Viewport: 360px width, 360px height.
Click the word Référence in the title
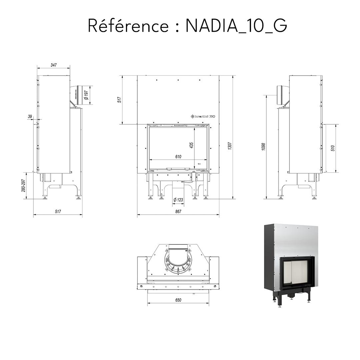click(128, 26)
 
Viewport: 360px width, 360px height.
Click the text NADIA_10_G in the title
click(236, 26)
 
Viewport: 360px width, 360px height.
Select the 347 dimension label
click(53, 65)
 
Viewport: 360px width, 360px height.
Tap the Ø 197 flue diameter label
click(86, 95)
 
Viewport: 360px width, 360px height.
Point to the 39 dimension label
click(30, 116)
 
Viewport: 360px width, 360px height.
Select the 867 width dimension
click(178, 212)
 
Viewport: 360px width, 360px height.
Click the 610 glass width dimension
click(178, 157)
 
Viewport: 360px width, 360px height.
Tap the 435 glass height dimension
click(191, 145)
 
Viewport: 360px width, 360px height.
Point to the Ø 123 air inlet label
click(178, 200)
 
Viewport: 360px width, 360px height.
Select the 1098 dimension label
click(263, 147)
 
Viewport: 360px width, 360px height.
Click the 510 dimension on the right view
click(333, 148)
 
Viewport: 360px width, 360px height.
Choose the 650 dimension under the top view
click(178, 300)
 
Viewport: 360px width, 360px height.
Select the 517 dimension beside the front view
click(119, 99)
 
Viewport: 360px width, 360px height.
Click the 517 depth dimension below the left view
click(58, 212)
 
